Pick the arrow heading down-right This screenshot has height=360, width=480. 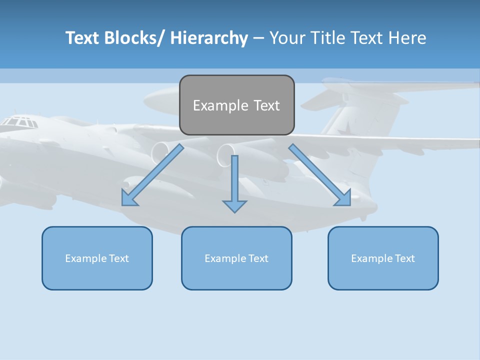click(320, 175)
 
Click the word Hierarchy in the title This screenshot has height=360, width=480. click(209, 38)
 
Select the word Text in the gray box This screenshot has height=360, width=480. click(266, 105)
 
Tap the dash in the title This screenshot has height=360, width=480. click(258, 38)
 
